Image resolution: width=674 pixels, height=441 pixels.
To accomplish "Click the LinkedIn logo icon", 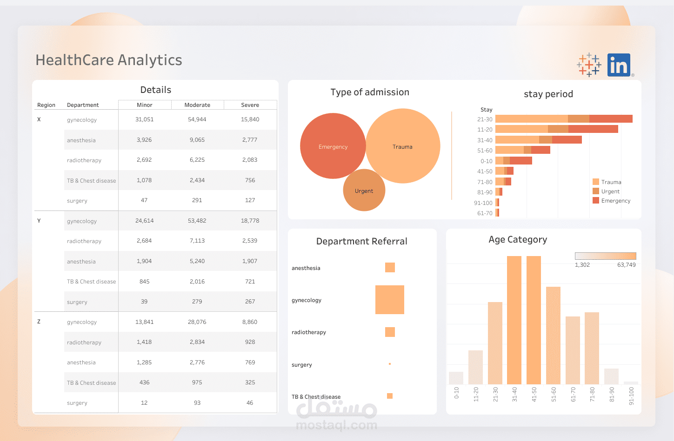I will (619, 65).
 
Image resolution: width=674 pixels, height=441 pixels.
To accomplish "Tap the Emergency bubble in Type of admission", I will (333, 146).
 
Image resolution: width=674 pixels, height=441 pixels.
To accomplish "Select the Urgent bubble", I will (364, 191).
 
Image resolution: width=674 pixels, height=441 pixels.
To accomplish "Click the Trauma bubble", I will (402, 146).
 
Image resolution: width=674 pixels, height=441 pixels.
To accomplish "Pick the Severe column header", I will (250, 105).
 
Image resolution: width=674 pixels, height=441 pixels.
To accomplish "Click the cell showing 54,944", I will (197, 119).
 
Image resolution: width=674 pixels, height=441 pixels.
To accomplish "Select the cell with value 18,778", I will (250, 221).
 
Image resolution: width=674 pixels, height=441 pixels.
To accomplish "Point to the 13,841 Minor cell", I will (144, 322).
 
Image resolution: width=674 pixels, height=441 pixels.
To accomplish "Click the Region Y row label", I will (39, 221).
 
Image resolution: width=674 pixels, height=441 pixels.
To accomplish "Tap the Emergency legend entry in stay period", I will (615, 201).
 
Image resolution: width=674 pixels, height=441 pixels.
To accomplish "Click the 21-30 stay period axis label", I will (485, 119).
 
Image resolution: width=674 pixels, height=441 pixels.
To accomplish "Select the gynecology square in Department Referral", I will (390, 300).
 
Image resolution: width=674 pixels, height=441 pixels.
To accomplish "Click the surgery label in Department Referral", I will (302, 365).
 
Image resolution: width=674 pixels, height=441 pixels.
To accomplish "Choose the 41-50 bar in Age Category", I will (534, 321).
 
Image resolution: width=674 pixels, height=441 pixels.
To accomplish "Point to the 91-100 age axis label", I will (631, 396).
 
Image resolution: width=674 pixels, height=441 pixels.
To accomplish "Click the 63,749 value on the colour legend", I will (626, 265).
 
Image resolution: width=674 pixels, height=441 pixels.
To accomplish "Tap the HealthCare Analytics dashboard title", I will (109, 60).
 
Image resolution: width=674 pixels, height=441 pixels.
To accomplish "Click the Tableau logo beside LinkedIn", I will (589, 65).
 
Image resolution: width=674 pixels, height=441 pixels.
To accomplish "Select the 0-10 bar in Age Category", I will (456, 378).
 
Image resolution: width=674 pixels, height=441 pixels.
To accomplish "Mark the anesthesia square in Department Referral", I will (390, 267).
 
